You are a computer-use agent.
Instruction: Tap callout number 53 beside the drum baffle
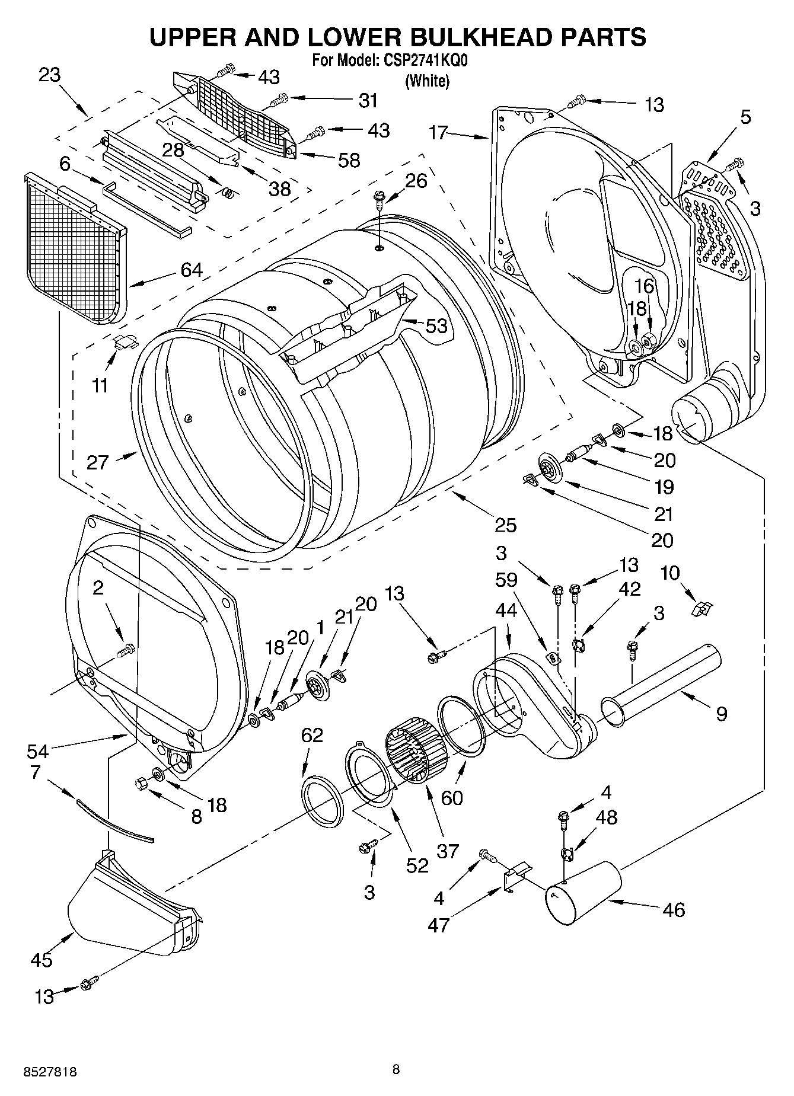436,325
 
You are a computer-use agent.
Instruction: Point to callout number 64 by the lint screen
192,270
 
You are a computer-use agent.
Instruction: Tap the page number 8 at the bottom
396,1069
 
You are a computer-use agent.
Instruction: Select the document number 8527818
50,1072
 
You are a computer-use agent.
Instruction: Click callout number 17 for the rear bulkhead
438,132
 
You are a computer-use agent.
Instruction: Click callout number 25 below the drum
506,525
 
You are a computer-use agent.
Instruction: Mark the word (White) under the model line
427,81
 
